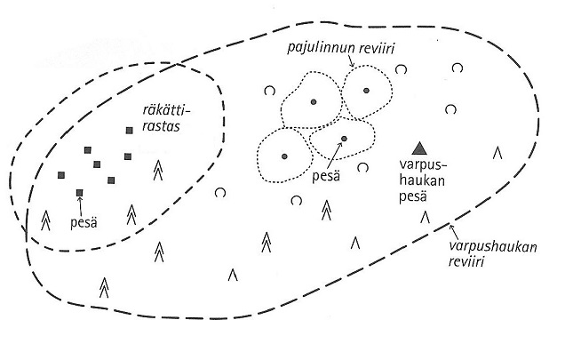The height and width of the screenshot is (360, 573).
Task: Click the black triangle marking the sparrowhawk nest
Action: point(419,148)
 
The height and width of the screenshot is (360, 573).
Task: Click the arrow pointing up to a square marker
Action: point(81,205)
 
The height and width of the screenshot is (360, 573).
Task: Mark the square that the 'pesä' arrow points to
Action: point(80,192)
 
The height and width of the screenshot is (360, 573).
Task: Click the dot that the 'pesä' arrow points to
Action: point(344,139)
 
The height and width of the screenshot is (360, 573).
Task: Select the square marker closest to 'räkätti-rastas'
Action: point(130,131)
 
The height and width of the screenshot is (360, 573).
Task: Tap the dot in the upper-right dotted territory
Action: point(363,89)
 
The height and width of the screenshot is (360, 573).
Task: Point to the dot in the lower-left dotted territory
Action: point(284,156)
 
